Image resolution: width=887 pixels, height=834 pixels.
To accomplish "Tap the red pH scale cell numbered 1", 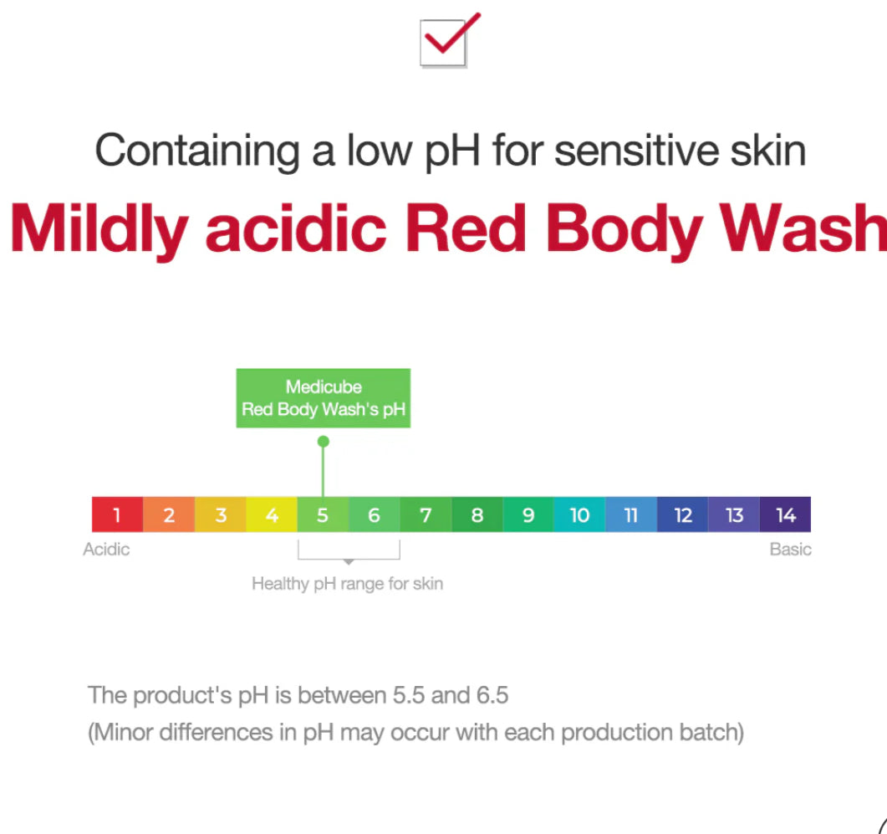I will click(x=117, y=514).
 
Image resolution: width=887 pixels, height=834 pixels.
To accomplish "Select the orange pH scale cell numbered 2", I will click(x=169, y=514).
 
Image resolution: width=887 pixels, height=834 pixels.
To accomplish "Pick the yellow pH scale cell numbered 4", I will click(x=272, y=514).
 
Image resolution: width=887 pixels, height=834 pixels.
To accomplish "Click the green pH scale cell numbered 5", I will click(x=323, y=514).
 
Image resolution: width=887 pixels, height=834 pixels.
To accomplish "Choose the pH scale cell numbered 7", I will click(x=426, y=514).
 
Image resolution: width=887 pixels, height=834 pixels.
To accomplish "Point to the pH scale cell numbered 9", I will click(x=528, y=514).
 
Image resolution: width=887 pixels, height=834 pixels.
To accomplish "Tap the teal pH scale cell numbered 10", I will click(x=579, y=514).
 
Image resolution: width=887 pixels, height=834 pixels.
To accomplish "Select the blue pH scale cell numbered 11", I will click(x=631, y=514).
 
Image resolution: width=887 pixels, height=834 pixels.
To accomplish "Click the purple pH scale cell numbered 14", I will click(x=785, y=514).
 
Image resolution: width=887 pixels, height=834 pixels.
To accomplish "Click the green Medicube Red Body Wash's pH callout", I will click(x=323, y=398).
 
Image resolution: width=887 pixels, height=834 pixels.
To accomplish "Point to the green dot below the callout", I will click(x=324, y=441).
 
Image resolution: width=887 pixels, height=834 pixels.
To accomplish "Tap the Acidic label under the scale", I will click(x=106, y=550).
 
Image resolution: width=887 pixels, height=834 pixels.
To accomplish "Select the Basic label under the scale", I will click(x=790, y=550).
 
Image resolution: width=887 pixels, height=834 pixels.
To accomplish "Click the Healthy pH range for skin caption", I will click(x=347, y=584).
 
